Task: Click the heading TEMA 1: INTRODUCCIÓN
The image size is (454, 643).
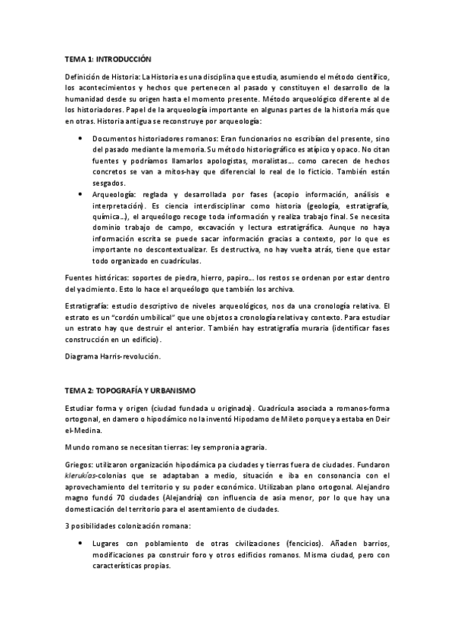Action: (108, 58)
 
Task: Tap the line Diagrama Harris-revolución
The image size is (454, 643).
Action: (112, 356)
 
